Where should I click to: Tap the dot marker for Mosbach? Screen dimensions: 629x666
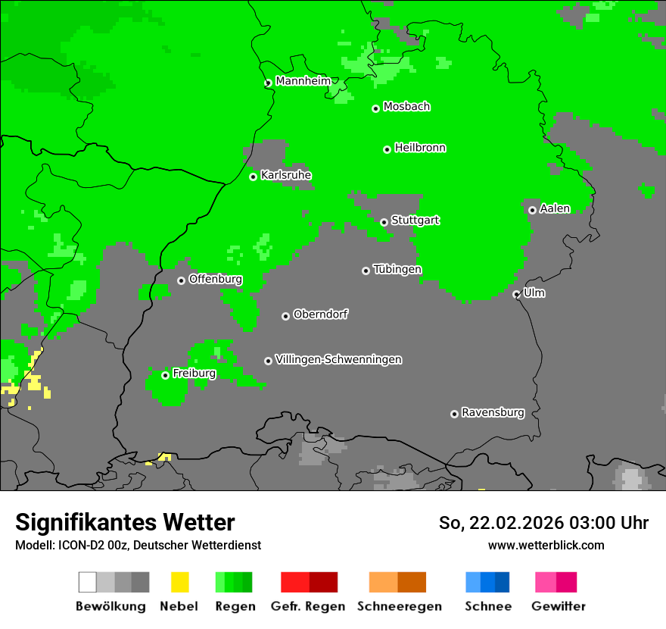pyautogui.click(x=375, y=108)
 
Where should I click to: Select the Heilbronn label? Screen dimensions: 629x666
pyautogui.click(x=420, y=148)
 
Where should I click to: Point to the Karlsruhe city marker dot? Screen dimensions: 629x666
pyautogui.click(x=254, y=177)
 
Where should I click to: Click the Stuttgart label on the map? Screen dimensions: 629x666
pyautogui.click(x=415, y=221)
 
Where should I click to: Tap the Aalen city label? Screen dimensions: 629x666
pyautogui.click(x=555, y=208)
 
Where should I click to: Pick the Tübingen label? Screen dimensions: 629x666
pyautogui.click(x=397, y=270)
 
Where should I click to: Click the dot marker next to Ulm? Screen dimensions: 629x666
pyautogui.click(x=516, y=294)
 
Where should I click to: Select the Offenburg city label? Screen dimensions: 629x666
pyautogui.click(x=216, y=279)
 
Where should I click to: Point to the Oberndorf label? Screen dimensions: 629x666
pyautogui.click(x=321, y=314)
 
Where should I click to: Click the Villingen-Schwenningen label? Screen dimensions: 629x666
pyautogui.click(x=338, y=359)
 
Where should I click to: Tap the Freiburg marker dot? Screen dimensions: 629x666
pyautogui.click(x=165, y=375)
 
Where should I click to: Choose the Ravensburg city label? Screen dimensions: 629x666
pyautogui.click(x=493, y=413)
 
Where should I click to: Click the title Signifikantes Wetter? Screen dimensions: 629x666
pyautogui.click(x=125, y=522)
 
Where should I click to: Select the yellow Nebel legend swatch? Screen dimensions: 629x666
pyautogui.click(x=179, y=582)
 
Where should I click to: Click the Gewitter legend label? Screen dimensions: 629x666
pyautogui.click(x=559, y=606)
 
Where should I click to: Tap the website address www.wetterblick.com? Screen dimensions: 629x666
pyautogui.click(x=546, y=545)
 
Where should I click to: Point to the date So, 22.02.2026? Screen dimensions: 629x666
pyautogui.click(x=499, y=523)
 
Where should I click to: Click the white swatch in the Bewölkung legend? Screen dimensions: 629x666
pyautogui.click(x=88, y=582)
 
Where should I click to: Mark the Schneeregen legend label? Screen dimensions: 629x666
pyautogui.click(x=400, y=606)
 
